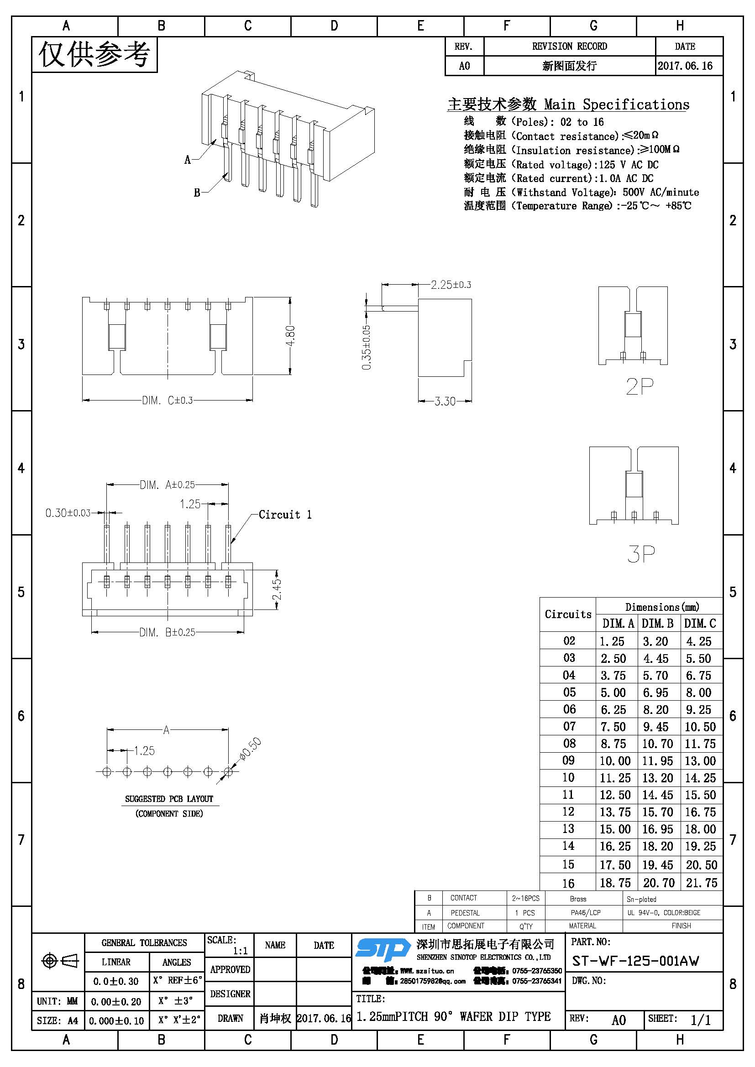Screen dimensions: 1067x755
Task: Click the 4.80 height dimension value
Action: [290, 336]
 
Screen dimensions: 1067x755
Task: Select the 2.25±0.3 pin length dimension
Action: [451, 284]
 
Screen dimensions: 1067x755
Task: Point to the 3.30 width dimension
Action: [445, 401]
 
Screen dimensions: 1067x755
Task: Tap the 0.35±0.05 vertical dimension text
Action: [367, 347]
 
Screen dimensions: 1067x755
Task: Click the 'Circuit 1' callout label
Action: [285, 515]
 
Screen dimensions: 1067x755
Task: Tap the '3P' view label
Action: [640, 553]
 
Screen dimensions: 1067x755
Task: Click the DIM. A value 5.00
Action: [613, 692]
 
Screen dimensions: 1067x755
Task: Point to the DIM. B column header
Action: [657, 623]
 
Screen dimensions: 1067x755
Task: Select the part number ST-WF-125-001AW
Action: [635, 961]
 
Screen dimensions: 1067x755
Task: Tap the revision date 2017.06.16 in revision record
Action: [685, 66]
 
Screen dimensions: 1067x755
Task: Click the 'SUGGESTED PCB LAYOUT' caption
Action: [169, 799]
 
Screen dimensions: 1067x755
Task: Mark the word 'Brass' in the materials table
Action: [578, 899]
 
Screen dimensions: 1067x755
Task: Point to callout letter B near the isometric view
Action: [197, 193]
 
